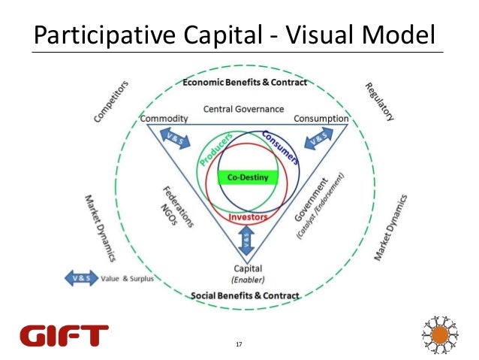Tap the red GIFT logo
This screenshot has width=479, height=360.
point(65,335)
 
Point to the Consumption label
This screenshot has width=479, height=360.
point(321,119)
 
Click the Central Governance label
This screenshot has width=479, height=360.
point(239,108)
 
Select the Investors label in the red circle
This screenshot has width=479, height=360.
point(248,216)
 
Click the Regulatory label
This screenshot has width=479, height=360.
point(380,101)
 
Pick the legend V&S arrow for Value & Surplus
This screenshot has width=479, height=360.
point(79,278)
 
